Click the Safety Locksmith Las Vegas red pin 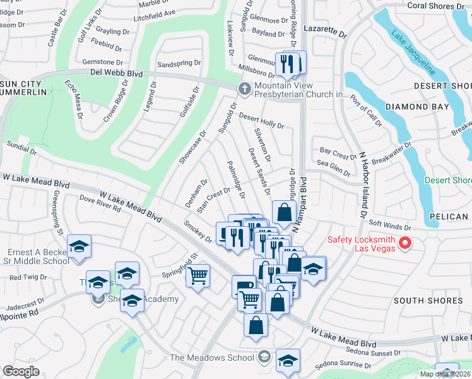point(407,243)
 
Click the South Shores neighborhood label point(428,300)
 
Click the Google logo point(21,371)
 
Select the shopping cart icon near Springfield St point(198,275)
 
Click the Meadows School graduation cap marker point(288,359)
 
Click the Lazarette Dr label point(325,30)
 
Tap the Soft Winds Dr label point(390,225)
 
